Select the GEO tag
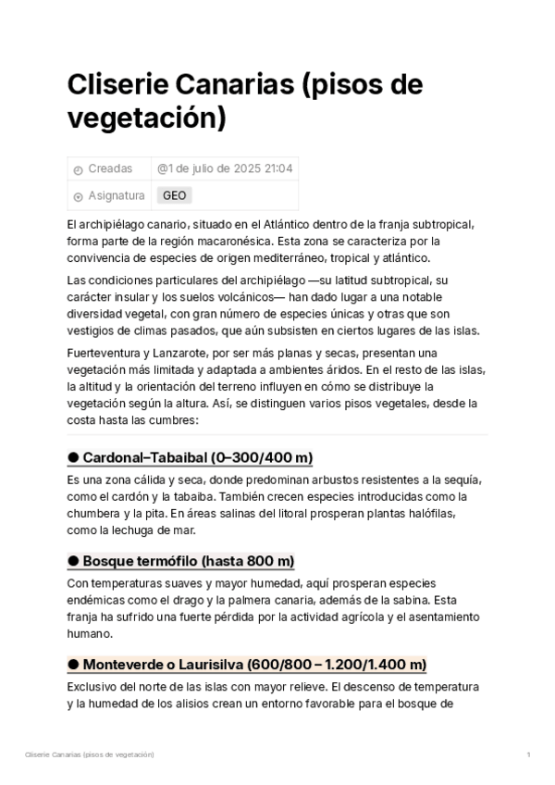[174, 196]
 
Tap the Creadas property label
[109, 169]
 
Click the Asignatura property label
[116, 196]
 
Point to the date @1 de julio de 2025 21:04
[225, 169]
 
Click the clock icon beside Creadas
[78, 170]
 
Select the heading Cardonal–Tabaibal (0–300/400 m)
[198, 458]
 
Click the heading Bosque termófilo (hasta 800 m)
[188, 562]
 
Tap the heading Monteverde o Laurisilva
[254, 666]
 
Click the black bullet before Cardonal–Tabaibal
[73, 458]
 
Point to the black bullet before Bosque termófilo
[73, 562]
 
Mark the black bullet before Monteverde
[73, 666]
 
